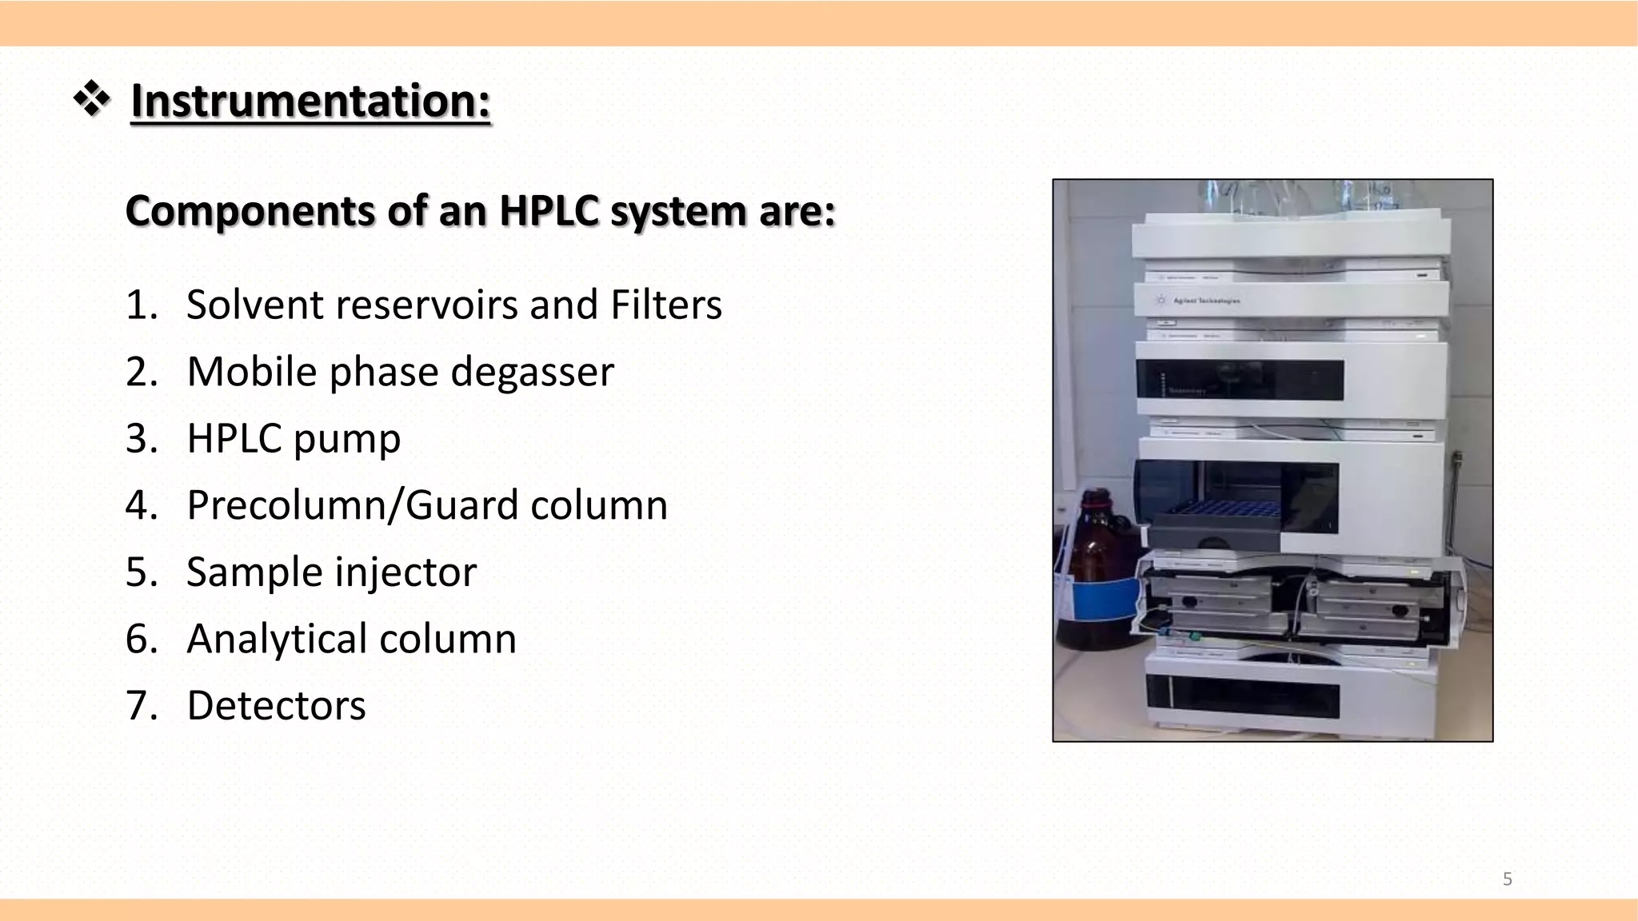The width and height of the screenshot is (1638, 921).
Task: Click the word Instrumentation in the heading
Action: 310,102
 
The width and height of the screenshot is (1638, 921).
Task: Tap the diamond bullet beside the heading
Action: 92,100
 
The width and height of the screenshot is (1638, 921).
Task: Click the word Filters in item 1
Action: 666,305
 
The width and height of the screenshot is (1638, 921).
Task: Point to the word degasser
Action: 532,372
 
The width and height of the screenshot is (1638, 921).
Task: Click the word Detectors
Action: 276,706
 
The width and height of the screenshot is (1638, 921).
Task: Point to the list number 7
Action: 141,706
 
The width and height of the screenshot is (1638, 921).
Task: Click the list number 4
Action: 141,505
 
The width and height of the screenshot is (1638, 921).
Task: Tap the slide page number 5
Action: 1508,879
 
